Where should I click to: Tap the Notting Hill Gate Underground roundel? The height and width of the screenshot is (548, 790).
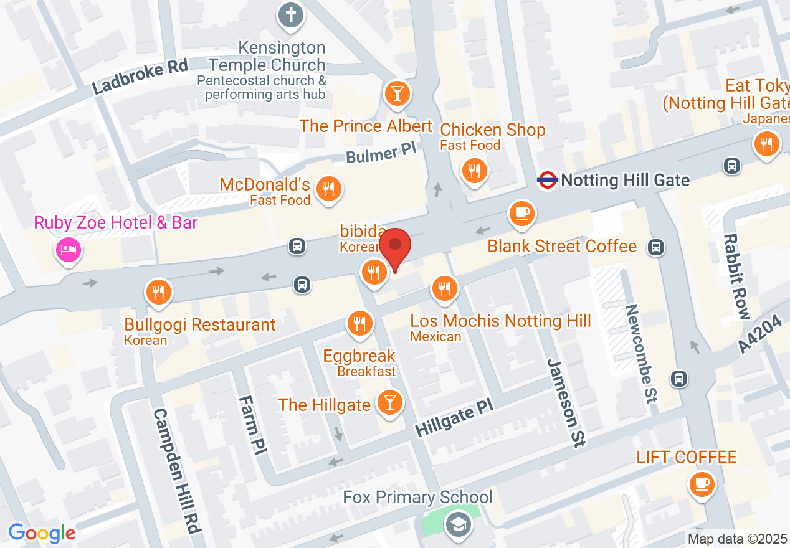(x=547, y=181)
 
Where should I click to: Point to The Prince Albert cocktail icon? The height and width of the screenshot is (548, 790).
(x=396, y=93)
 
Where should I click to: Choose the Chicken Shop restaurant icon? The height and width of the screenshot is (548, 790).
(x=475, y=171)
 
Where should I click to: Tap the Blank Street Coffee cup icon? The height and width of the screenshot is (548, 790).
(x=521, y=214)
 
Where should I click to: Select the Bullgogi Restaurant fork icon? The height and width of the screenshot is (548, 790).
(x=158, y=292)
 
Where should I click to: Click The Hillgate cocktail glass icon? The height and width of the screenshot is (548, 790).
(x=390, y=403)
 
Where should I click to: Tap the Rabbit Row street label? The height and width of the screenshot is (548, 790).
(x=736, y=276)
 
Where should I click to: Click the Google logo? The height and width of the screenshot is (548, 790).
(x=42, y=533)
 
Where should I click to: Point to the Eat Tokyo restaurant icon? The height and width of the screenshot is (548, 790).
(x=766, y=144)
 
